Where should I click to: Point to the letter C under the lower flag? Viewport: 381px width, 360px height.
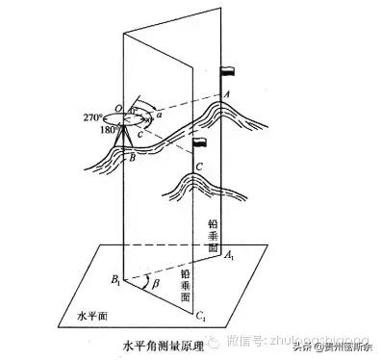click(198, 166)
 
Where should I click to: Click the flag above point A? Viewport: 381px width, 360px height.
click(228, 71)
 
